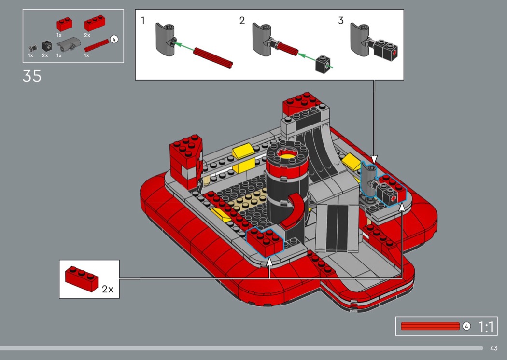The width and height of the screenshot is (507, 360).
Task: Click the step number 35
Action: pos(32,76)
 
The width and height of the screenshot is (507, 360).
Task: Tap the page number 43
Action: pos(494,348)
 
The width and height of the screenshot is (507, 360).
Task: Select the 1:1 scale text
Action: pos(486,327)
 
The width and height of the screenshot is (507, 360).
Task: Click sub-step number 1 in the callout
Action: pos(143,21)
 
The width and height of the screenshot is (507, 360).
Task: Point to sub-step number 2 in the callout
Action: pos(242,21)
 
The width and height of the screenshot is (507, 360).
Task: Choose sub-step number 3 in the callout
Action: pos(341,21)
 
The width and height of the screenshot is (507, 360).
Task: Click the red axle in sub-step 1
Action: pos(213,58)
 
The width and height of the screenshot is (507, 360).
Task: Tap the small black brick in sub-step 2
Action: pos(323,64)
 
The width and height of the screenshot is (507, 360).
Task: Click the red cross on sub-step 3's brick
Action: pos(394,54)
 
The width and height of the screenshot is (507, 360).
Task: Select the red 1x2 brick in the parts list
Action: pos(64,25)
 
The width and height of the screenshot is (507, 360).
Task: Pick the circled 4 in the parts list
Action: pos(114,40)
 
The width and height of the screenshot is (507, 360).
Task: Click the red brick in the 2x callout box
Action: pos(82,279)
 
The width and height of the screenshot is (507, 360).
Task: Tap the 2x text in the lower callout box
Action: pos(107,289)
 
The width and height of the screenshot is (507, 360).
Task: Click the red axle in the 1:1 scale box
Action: pos(430,326)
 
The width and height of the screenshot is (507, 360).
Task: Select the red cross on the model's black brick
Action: pos(393,198)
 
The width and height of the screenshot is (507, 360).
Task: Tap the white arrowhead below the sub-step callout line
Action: pos(374,159)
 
